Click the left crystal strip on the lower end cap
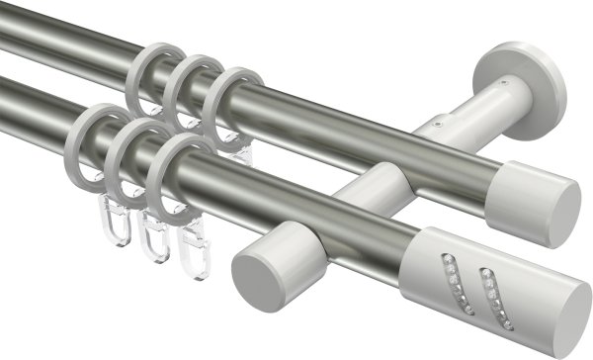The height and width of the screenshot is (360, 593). (x=451, y=272)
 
